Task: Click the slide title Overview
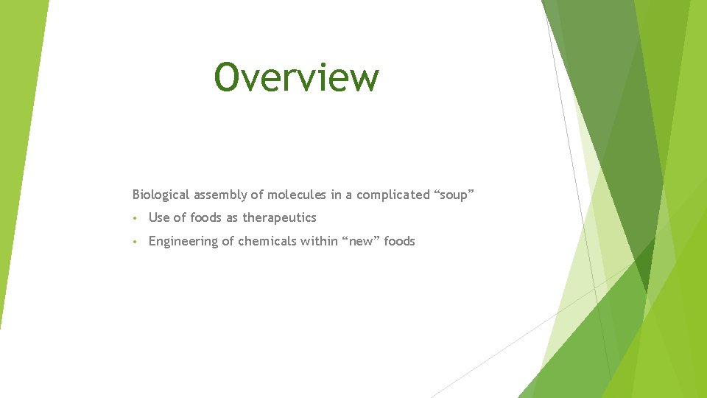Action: click(x=297, y=77)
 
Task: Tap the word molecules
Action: click(x=297, y=195)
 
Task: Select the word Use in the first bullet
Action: click(x=159, y=217)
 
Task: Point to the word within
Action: click(x=317, y=241)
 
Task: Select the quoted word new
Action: click(x=359, y=241)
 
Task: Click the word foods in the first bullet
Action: click(x=206, y=217)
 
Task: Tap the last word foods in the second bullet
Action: click(x=400, y=241)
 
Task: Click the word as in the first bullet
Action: click(x=232, y=217)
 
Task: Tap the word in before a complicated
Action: click(x=336, y=195)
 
